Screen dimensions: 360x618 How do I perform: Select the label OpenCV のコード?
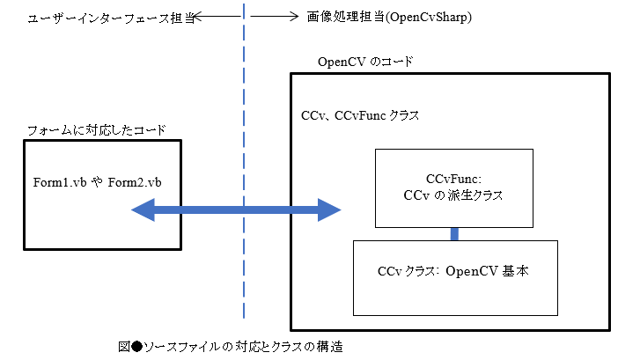(364, 62)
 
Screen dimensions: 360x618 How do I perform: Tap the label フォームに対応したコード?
(97, 130)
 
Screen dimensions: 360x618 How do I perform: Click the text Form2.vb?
(136, 182)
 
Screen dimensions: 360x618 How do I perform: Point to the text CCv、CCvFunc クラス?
(360, 115)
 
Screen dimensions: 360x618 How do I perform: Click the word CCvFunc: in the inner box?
(452, 179)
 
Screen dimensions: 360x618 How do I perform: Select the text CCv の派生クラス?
(452, 195)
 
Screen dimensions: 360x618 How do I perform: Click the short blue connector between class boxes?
(455, 233)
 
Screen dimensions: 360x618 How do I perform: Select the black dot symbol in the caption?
(136, 343)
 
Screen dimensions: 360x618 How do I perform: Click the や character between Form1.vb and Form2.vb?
(97, 182)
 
